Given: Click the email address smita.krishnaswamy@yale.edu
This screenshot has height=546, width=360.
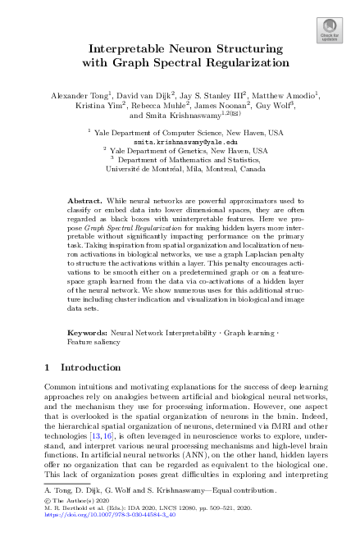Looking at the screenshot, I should (180, 141).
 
